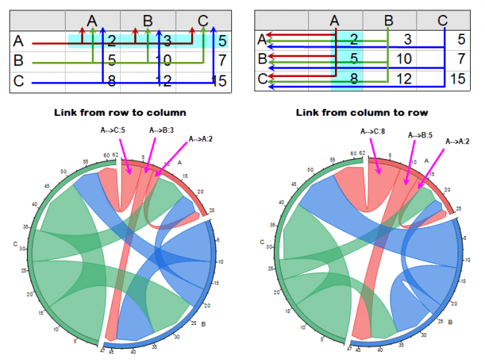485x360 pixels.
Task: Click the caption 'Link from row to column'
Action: [x=119, y=112]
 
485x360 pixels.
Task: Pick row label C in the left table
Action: [x=19, y=81]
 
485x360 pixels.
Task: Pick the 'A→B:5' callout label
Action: [x=420, y=134]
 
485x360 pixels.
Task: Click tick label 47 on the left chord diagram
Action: [x=101, y=350]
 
